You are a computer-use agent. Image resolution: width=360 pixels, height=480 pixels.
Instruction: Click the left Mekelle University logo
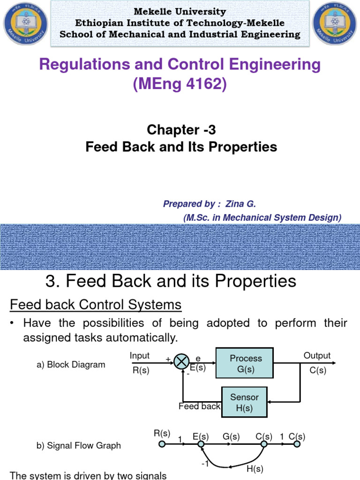[24, 24]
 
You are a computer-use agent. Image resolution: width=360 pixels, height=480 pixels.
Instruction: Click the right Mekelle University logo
[334, 24]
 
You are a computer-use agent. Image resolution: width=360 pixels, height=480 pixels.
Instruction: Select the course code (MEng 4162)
[180, 85]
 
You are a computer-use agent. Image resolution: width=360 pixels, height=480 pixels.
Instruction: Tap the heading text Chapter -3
[181, 129]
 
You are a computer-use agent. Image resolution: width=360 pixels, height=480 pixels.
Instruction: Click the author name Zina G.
[240, 204]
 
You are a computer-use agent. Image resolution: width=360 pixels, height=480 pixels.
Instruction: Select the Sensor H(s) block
[244, 402]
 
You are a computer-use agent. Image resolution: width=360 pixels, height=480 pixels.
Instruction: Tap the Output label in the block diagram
[317, 356]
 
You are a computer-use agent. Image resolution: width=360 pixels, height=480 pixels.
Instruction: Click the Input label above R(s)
[140, 356]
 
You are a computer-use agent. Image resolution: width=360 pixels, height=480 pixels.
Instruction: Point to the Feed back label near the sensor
[199, 406]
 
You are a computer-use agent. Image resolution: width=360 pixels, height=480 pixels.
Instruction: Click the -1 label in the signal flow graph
[205, 464]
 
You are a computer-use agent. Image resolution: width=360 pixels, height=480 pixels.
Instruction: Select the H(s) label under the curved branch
[255, 469]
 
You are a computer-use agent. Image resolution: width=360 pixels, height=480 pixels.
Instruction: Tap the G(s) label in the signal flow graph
[231, 437]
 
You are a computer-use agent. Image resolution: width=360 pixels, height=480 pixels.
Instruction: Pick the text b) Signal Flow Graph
[79, 446]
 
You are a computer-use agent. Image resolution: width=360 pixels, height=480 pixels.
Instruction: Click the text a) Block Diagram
[71, 365]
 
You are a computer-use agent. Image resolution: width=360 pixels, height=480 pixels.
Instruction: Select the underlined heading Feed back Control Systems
[96, 305]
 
